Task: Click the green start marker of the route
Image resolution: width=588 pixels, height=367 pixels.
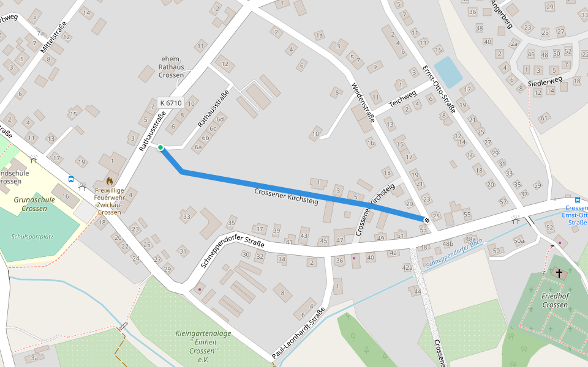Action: [x=160, y=147]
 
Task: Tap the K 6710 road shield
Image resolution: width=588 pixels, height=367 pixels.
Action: [x=170, y=103]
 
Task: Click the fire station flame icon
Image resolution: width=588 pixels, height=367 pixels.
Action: [x=109, y=181]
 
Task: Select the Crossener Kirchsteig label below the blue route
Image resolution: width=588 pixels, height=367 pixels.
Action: [x=286, y=196]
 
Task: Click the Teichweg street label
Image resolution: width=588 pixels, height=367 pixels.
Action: [x=402, y=100]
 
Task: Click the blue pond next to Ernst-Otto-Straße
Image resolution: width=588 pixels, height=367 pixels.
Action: [x=447, y=72]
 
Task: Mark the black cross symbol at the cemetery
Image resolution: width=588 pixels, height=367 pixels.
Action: [x=559, y=273]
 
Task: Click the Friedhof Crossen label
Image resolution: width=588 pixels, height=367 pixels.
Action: [x=555, y=300]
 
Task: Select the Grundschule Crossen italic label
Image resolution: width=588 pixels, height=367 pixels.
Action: [x=34, y=204]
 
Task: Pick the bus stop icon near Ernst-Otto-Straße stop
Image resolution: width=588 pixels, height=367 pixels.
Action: [x=577, y=199]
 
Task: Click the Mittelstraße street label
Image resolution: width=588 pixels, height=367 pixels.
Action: [x=53, y=36]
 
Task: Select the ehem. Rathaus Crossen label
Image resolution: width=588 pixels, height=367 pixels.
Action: [x=172, y=67]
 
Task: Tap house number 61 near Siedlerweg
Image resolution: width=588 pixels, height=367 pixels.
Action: [x=544, y=117]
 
